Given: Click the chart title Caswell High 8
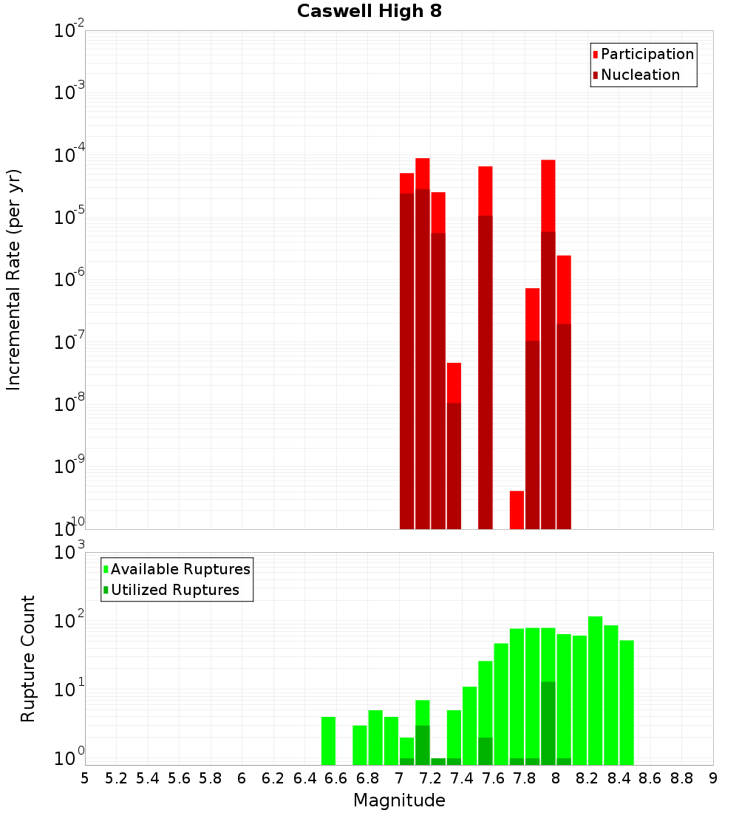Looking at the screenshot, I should point(369,12).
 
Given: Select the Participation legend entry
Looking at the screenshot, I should point(647,54).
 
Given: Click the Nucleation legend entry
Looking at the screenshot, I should point(640,75).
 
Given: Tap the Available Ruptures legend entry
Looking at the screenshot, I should point(180,569).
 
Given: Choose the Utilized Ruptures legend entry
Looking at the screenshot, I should point(174,590).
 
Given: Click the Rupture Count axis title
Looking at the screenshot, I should point(28,659).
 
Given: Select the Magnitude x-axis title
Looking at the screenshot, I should point(399,800).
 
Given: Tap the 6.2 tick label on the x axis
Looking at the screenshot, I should point(273,778).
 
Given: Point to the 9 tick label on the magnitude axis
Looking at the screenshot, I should point(713,778).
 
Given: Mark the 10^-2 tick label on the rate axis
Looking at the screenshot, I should point(69,32).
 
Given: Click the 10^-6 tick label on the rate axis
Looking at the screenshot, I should point(69,280).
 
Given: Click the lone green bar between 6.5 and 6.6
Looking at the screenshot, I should point(328,741).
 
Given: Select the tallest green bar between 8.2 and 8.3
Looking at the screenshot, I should point(596,690).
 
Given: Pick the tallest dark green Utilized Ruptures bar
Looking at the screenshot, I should point(548,723).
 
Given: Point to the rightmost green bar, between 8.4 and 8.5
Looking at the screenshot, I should point(627,702).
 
